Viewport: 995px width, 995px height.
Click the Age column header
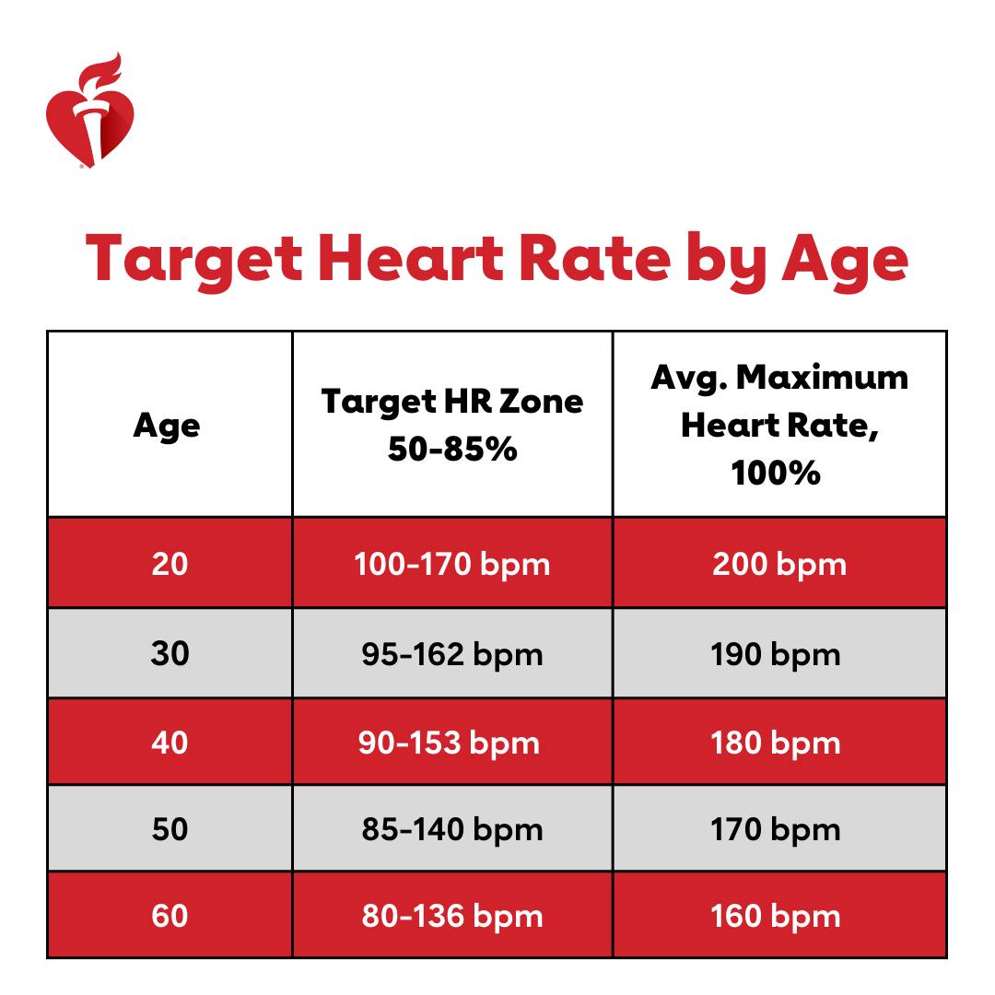[167, 426]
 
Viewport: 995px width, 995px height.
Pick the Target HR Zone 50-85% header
[451, 425]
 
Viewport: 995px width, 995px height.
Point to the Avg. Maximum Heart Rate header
[778, 425]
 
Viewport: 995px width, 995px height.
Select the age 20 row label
[170, 563]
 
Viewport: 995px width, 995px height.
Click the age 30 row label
[170, 653]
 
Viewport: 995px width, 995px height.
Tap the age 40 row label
[170, 742]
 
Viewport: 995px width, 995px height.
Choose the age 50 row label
[170, 829]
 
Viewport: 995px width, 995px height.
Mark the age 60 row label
[170, 916]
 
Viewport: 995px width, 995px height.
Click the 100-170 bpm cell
[451, 563]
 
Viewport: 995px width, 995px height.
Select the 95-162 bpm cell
[451, 654]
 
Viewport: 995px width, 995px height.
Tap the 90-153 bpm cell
[449, 743]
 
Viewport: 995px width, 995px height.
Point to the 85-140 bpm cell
[451, 829]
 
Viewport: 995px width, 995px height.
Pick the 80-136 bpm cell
[451, 917]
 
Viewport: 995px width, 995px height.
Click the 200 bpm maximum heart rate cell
[778, 563]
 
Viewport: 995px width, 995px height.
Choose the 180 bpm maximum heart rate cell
[775, 743]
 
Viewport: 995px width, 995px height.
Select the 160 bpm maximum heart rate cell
[775, 917]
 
